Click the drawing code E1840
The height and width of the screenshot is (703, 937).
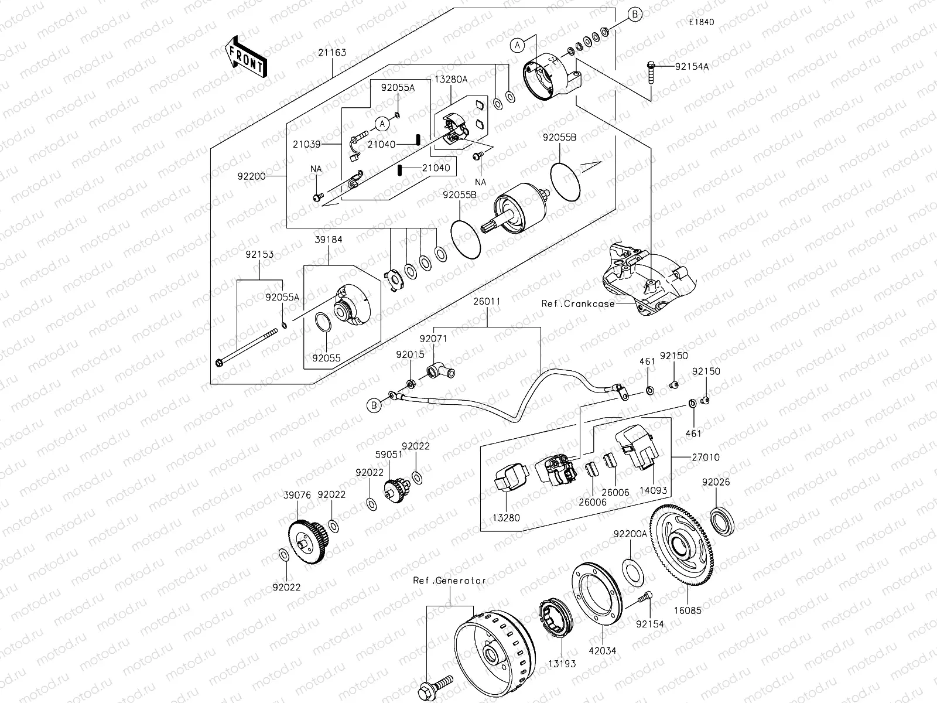point(701,22)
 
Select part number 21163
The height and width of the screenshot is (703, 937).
point(332,53)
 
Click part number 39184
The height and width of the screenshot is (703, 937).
point(328,240)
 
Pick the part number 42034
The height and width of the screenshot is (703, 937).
point(603,650)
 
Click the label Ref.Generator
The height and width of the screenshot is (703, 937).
point(449,581)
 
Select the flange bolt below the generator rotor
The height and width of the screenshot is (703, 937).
point(435,685)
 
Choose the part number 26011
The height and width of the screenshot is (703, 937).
point(487,302)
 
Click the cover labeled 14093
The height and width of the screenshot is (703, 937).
point(637,446)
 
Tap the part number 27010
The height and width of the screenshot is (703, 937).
point(706,457)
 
